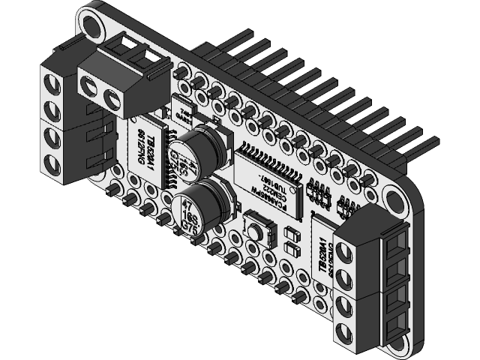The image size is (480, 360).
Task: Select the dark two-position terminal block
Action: coord(120,75)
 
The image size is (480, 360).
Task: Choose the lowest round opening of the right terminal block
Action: coord(346,331)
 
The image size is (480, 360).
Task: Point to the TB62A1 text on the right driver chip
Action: coord(320,255)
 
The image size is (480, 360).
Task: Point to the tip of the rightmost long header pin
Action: coord(433,139)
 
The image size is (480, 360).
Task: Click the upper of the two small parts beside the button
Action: coord(292,234)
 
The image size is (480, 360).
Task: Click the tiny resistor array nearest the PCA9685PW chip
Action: coord(319,192)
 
